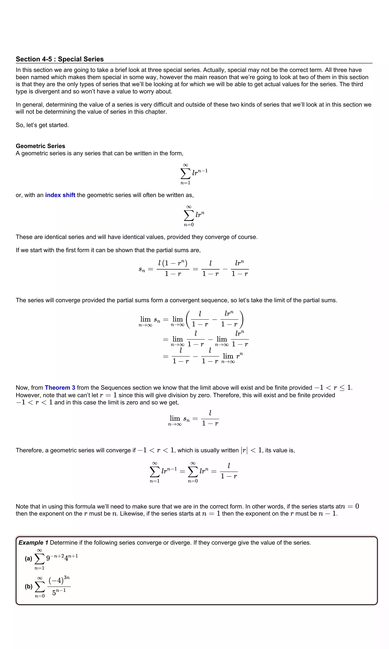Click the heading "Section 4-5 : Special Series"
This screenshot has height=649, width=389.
point(60,59)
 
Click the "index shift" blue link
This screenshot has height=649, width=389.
point(60,195)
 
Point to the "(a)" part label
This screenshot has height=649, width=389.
point(28,559)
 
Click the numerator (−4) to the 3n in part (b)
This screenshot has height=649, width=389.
point(59,580)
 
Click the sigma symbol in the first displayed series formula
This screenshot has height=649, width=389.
point(185,173)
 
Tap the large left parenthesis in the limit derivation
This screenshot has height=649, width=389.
point(188,319)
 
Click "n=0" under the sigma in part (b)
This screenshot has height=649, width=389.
point(40,596)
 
